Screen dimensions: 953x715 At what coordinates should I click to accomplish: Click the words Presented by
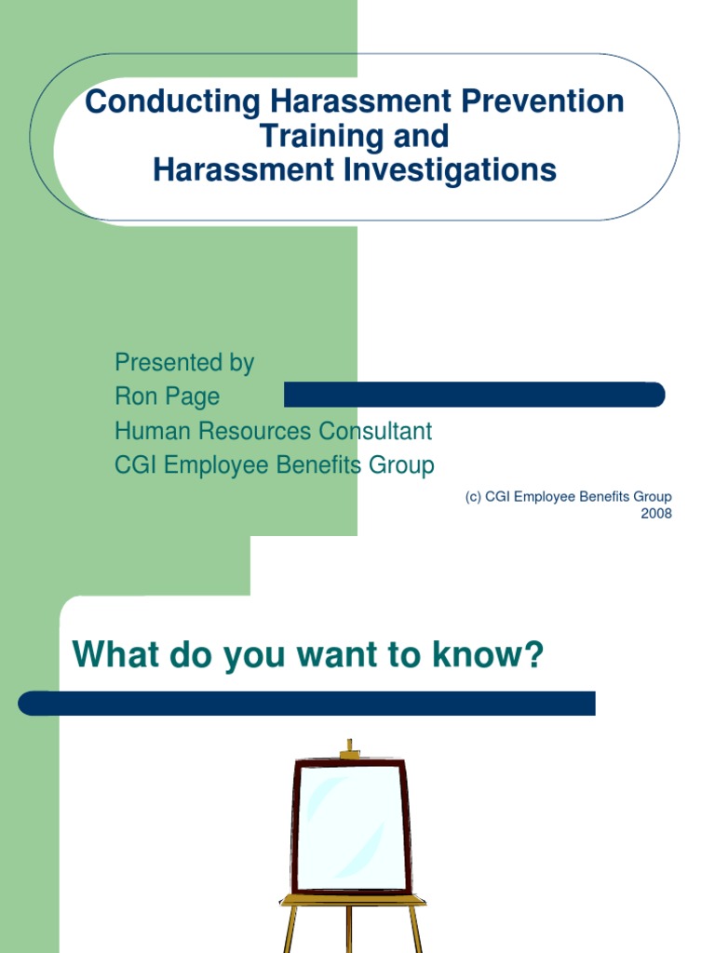point(184,363)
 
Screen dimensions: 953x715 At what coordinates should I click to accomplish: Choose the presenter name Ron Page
point(168,396)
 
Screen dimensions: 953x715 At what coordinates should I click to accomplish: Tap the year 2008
point(655,514)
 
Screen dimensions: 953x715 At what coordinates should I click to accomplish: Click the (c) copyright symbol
point(473,497)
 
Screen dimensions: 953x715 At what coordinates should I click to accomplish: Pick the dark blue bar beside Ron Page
point(474,395)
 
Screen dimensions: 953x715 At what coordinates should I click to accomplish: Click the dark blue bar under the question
point(307,703)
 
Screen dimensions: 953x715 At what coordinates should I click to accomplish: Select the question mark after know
point(533,656)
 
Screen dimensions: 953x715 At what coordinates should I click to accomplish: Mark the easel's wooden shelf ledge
point(353,901)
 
